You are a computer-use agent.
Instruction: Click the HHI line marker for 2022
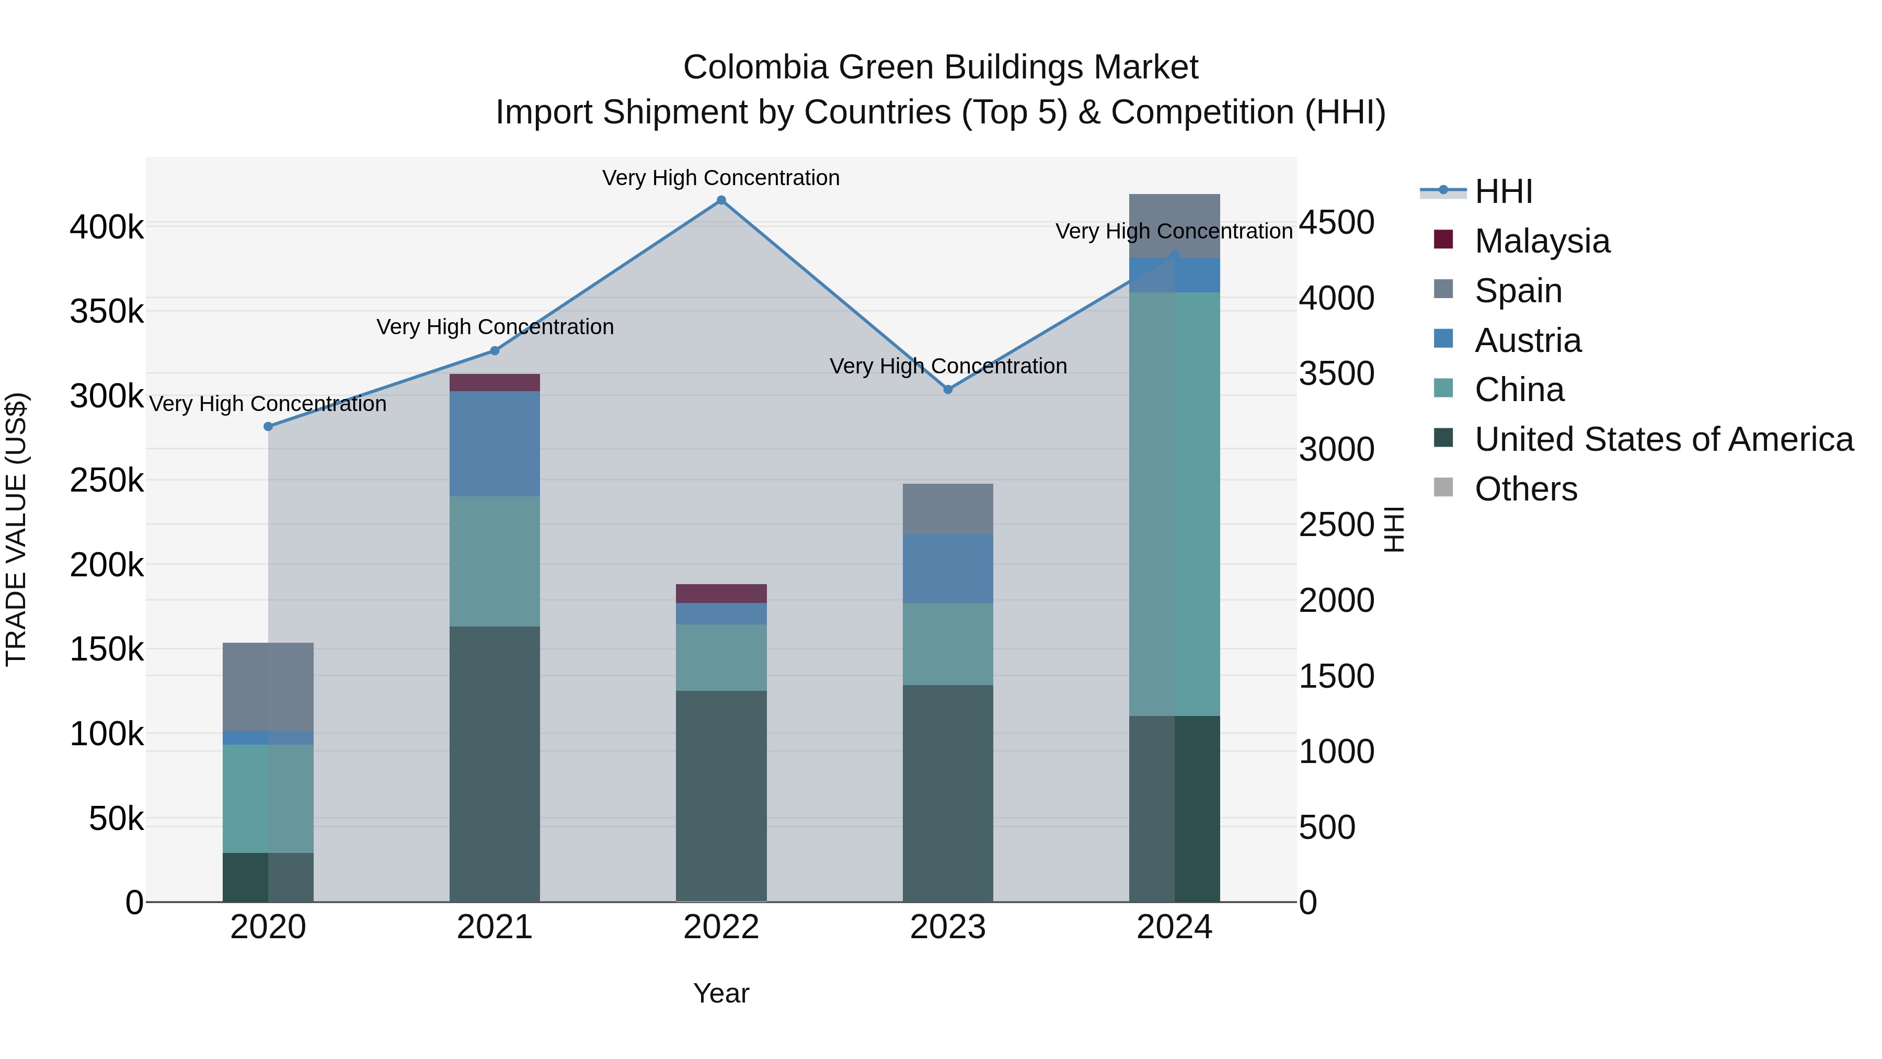click(721, 200)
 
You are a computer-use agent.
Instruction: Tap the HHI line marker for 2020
click(268, 426)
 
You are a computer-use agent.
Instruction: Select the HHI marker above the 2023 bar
click(948, 390)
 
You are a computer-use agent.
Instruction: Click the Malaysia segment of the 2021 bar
click(495, 383)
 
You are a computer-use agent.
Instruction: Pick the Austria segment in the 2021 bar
click(495, 443)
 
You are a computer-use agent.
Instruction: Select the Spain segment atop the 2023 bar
click(948, 509)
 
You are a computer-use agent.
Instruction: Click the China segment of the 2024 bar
click(1174, 504)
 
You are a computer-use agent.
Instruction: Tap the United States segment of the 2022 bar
click(721, 795)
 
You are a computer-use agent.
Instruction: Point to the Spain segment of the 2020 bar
click(268, 687)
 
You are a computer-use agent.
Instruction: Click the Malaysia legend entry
click(1542, 241)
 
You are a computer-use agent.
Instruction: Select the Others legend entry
click(1525, 489)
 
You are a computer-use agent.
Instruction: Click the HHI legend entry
click(1503, 191)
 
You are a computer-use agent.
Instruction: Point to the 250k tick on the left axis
click(107, 481)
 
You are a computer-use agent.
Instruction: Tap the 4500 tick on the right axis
click(1336, 222)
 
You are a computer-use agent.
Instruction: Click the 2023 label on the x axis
click(948, 927)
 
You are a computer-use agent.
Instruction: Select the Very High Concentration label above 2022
click(721, 178)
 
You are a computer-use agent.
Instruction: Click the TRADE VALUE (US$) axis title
click(17, 529)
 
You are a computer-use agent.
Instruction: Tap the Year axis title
click(721, 993)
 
